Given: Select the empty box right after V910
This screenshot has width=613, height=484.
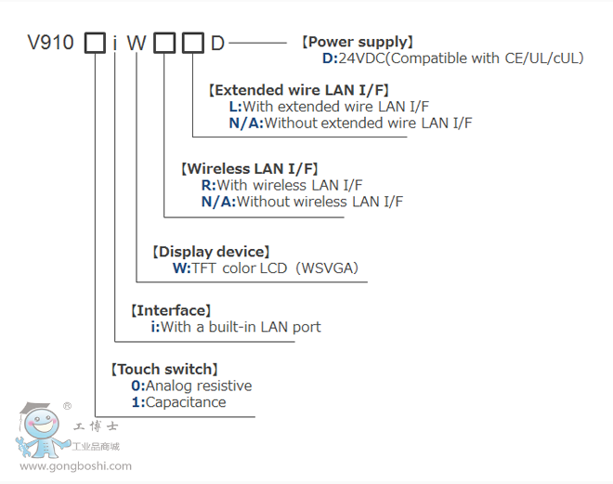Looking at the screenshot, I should (x=95, y=43).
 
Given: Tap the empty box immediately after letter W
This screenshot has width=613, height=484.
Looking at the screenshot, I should (x=163, y=43).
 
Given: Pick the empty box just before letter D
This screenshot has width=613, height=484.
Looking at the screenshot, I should (x=192, y=43).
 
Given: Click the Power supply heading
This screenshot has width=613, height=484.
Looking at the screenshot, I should (x=358, y=42).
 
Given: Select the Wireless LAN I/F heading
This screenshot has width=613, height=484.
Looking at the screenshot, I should (x=250, y=169).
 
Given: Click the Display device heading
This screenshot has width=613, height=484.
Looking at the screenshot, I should (x=210, y=252).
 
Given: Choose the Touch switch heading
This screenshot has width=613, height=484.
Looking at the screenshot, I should (x=164, y=369).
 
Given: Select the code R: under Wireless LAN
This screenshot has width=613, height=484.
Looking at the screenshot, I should (x=208, y=185).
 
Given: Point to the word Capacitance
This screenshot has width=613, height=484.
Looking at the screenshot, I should (x=186, y=402).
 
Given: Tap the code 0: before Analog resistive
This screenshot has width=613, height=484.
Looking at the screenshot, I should (x=137, y=386).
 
